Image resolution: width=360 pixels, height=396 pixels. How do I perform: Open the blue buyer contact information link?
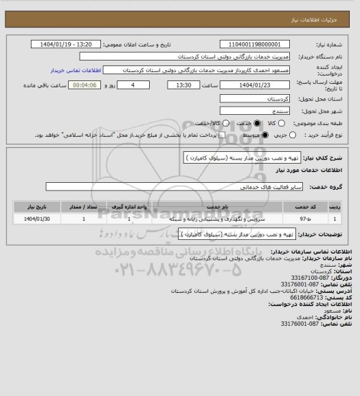[76, 70]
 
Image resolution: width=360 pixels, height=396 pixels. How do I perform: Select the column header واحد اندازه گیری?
[131, 206]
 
